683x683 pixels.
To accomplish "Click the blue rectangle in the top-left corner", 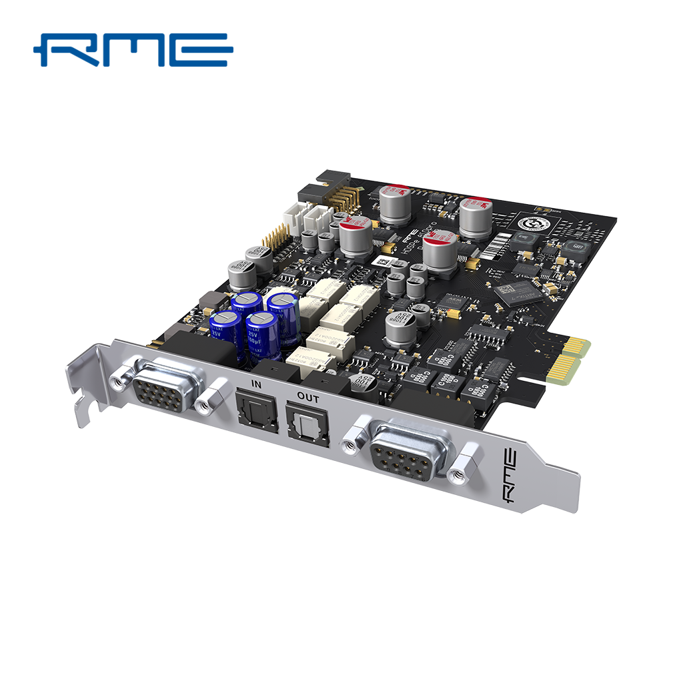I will [133, 50].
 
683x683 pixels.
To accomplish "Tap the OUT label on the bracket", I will [308, 399].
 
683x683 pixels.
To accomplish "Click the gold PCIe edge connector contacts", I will [568, 360].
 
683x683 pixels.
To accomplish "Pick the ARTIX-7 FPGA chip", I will [519, 292].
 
